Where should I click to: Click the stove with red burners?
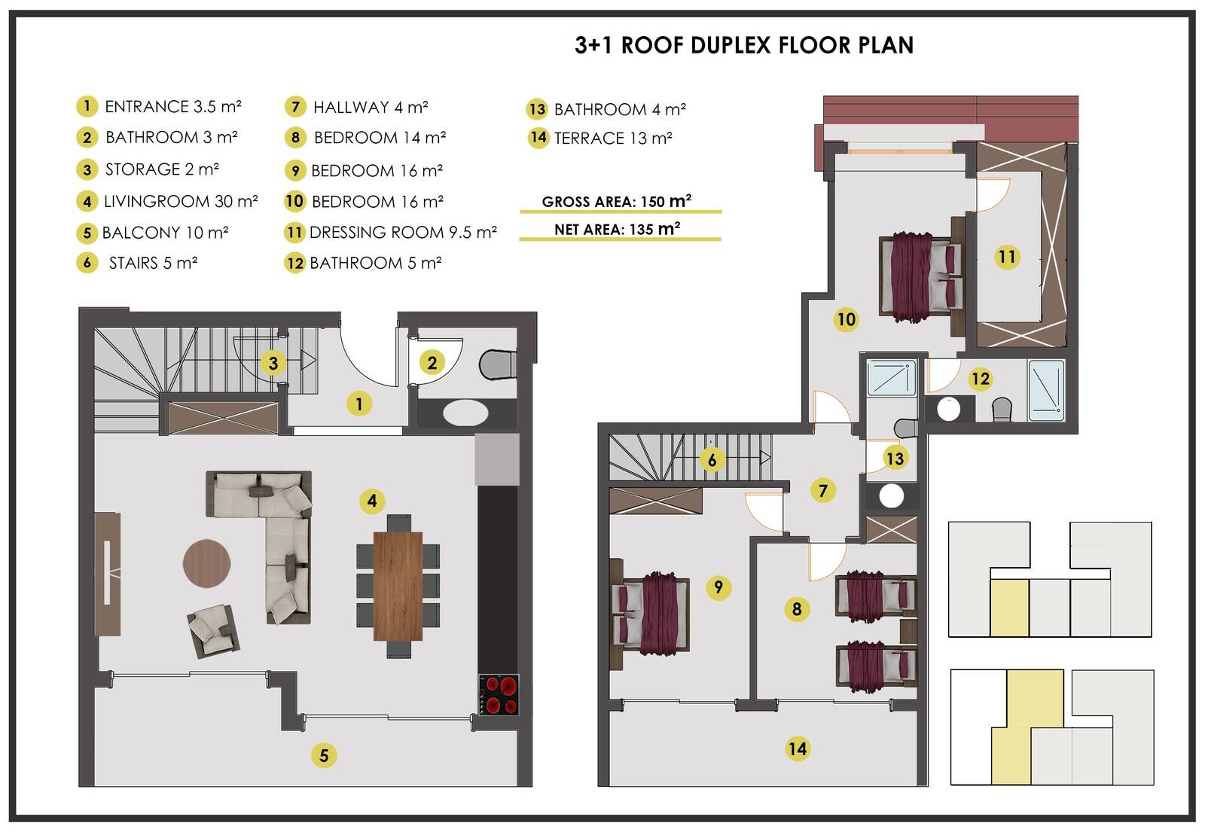499,694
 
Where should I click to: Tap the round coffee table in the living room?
206,563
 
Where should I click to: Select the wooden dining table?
398,586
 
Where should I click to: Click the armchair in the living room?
213,630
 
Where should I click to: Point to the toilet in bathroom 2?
498,364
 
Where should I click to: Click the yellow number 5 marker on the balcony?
324,755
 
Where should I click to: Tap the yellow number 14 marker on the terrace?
798,748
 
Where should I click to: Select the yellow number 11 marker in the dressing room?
1007,257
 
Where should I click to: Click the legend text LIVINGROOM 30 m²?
181,202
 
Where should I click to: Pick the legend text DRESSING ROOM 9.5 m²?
403,233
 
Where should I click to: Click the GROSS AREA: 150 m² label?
617,201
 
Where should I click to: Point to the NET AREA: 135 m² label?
618,229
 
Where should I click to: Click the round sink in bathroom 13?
892,496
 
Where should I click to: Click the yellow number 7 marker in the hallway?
822,490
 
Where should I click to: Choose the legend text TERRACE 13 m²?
613,139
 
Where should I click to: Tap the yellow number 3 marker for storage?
273,363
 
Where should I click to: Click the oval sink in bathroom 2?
465,413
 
